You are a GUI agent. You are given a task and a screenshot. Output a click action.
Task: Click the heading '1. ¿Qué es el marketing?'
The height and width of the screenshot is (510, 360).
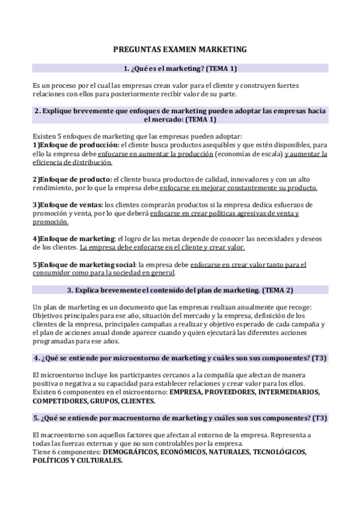(180, 69)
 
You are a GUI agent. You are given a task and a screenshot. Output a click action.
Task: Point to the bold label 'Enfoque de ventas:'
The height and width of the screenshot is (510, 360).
(71, 204)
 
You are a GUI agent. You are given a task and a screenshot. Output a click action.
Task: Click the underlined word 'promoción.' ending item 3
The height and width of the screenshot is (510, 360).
(50, 221)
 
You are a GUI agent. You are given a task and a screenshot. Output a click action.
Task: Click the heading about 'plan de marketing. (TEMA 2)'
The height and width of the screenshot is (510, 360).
(180, 290)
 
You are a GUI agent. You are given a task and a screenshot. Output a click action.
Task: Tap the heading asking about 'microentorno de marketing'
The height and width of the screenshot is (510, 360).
(180, 358)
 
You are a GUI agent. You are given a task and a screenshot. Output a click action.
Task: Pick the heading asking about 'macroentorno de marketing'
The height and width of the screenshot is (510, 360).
(180, 417)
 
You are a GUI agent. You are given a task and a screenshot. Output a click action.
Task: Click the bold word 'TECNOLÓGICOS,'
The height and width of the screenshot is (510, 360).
(279, 451)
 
